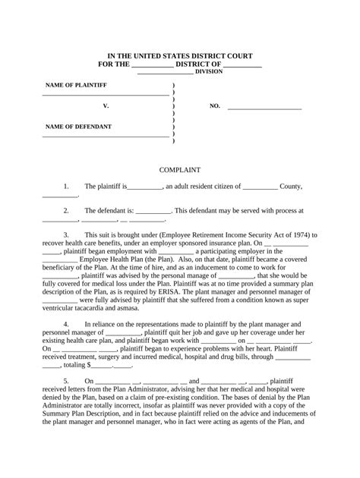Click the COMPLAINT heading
point(179,170)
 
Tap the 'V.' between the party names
point(106,106)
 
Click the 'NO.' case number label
point(214,106)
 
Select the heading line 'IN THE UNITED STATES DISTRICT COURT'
point(179,57)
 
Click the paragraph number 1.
point(66,186)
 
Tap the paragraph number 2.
point(66,210)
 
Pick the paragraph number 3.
point(66,235)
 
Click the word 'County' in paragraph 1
point(291,186)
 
